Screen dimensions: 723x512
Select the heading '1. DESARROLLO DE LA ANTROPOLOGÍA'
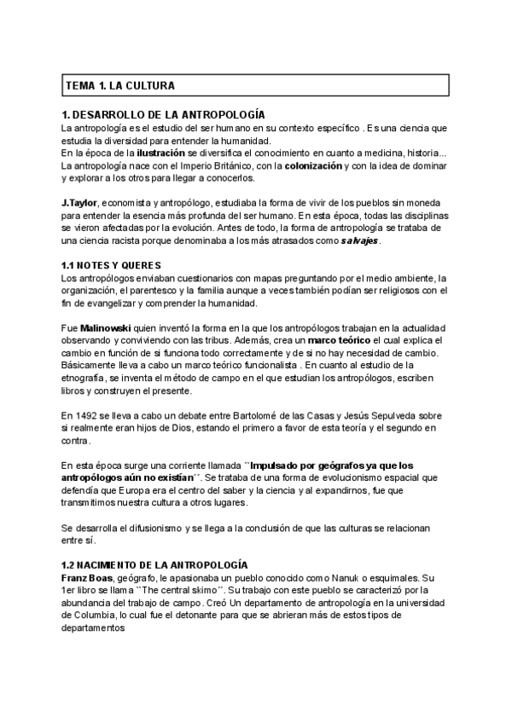coord(163,115)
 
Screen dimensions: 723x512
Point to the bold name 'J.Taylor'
coord(80,203)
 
